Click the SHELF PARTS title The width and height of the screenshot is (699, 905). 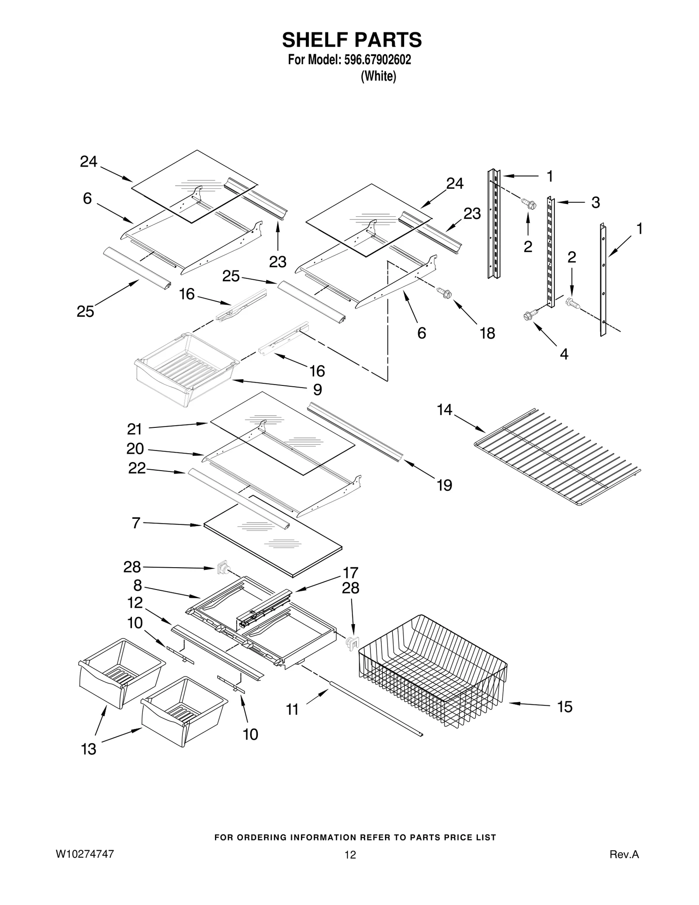coord(352,40)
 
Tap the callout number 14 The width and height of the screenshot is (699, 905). coord(445,409)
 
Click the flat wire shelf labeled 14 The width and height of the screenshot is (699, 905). coord(557,457)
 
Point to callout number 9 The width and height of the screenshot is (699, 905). coord(318,389)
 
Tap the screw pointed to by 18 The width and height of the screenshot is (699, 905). coord(444,293)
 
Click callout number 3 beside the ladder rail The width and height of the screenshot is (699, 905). coord(595,202)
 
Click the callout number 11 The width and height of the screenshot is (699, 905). coord(292,709)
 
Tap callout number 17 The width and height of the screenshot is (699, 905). coord(350,572)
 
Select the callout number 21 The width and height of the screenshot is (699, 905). coord(135,429)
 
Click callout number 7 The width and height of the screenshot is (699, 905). coord(136,523)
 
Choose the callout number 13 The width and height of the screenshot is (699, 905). coord(89,749)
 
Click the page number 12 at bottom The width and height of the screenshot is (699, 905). coord(350,855)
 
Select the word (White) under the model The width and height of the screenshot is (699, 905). coord(378,76)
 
